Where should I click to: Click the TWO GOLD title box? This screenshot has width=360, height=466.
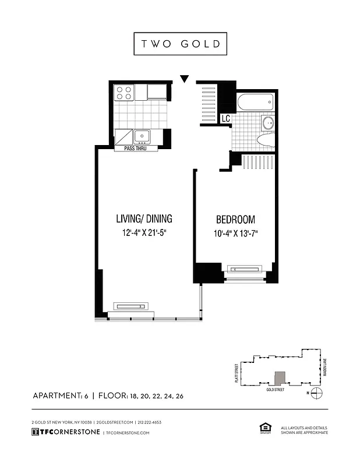click(x=180, y=44)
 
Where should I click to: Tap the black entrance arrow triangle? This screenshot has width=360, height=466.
click(x=185, y=79)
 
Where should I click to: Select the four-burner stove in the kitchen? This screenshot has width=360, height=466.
click(x=123, y=93)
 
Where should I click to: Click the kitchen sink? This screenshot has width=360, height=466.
click(x=142, y=137)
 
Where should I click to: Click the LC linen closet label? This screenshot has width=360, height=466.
click(x=225, y=118)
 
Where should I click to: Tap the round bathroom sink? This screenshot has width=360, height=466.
click(x=268, y=123)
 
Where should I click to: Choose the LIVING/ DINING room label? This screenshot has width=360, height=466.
click(x=144, y=219)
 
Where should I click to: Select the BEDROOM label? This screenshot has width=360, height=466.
click(x=235, y=220)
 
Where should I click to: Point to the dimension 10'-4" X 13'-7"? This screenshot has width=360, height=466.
click(x=235, y=234)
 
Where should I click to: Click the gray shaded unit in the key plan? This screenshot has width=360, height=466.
click(x=281, y=378)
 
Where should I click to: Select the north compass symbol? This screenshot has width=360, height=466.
click(x=316, y=393)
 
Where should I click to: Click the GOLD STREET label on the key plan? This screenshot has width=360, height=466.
click(x=276, y=389)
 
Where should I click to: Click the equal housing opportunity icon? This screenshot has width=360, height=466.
click(x=262, y=429)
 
